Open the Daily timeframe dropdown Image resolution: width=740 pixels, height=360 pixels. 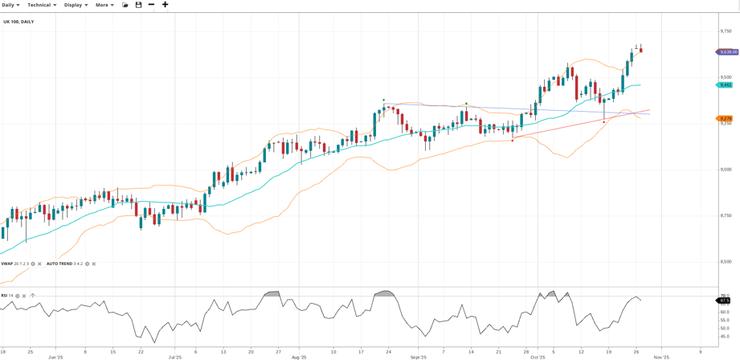(10, 5)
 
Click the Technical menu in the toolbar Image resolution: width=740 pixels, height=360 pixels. (42, 5)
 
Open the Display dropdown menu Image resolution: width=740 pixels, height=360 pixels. (76, 5)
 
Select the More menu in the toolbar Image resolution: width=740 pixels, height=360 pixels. (104, 5)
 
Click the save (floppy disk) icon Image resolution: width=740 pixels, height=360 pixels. (138, 5)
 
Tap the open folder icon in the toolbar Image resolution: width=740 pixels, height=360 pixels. (125, 5)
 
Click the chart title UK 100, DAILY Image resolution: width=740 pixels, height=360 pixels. (18, 22)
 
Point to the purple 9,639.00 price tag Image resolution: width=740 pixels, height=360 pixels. (727, 52)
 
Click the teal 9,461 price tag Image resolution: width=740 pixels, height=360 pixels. (725, 84)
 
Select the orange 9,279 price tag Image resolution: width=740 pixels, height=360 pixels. (725, 118)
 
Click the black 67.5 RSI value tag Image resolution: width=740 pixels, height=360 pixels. (724, 301)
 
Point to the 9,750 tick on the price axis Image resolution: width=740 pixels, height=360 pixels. (726, 31)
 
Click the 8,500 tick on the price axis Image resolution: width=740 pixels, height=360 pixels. (726, 261)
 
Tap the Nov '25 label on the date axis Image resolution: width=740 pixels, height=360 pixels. (661, 357)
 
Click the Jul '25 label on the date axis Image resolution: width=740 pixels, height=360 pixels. (175, 357)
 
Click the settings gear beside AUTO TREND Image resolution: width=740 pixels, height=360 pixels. (88, 264)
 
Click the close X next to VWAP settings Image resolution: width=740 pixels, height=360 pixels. (39, 264)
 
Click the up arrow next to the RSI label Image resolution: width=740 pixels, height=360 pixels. (32, 296)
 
